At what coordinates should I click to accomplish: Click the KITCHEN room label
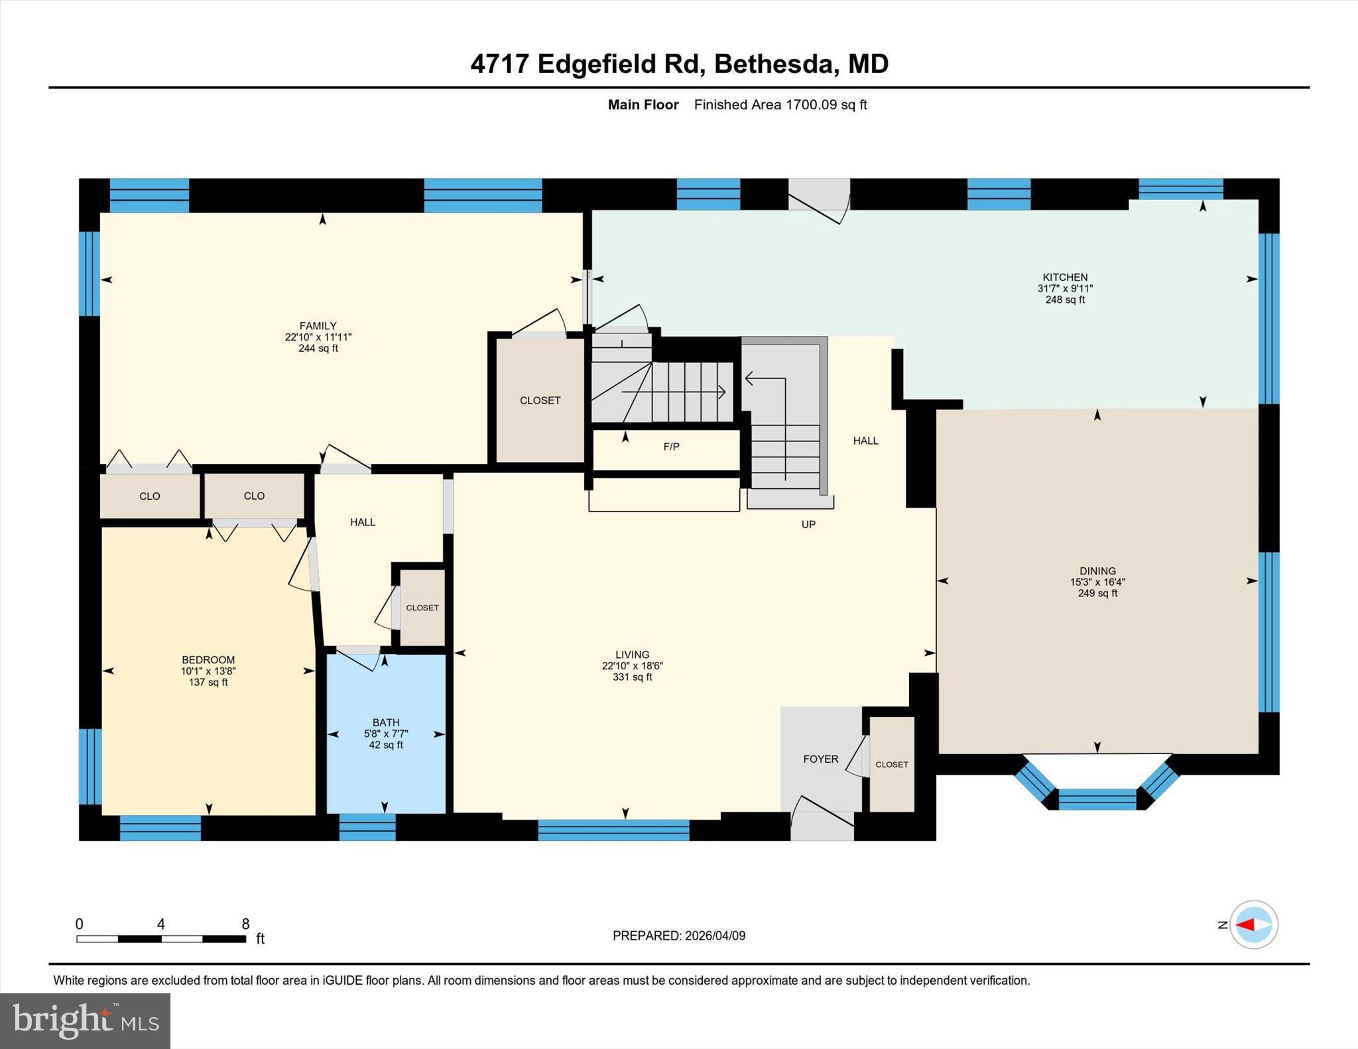pyautogui.click(x=1065, y=278)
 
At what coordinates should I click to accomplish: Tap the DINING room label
pyautogui.click(x=1097, y=571)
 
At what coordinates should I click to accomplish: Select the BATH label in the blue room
pyautogui.click(x=386, y=722)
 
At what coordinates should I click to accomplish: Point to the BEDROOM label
pyautogui.click(x=208, y=659)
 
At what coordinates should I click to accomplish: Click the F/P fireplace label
pyautogui.click(x=671, y=447)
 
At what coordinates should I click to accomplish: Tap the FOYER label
pyautogui.click(x=820, y=759)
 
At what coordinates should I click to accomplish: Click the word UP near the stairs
pyautogui.click(x=808, y=524)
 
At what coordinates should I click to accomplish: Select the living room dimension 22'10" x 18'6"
pyautogui.click(x=632, y=666)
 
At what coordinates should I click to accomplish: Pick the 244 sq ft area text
pyautogui.click(x=318, y=348)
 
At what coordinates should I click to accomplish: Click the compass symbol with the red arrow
pyautogui.click(x=1253, y=924)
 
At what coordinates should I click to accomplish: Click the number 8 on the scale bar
pyautogui.click(x=245, y=924)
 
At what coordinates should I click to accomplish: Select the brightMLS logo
pyautogui.click(x=85, y=1021)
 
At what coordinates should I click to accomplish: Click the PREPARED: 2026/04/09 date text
pyautogui.click(x=678, y=936)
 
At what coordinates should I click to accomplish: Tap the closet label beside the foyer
pyautogui.click(x=891, y=764)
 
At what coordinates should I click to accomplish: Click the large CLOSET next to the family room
pyautogui.click(x=540, y=400)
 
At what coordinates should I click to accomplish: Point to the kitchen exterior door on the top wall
pyautogui.click(x=818, y=199)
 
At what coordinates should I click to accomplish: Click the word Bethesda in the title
pyautogui.click(x=772, y=64)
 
